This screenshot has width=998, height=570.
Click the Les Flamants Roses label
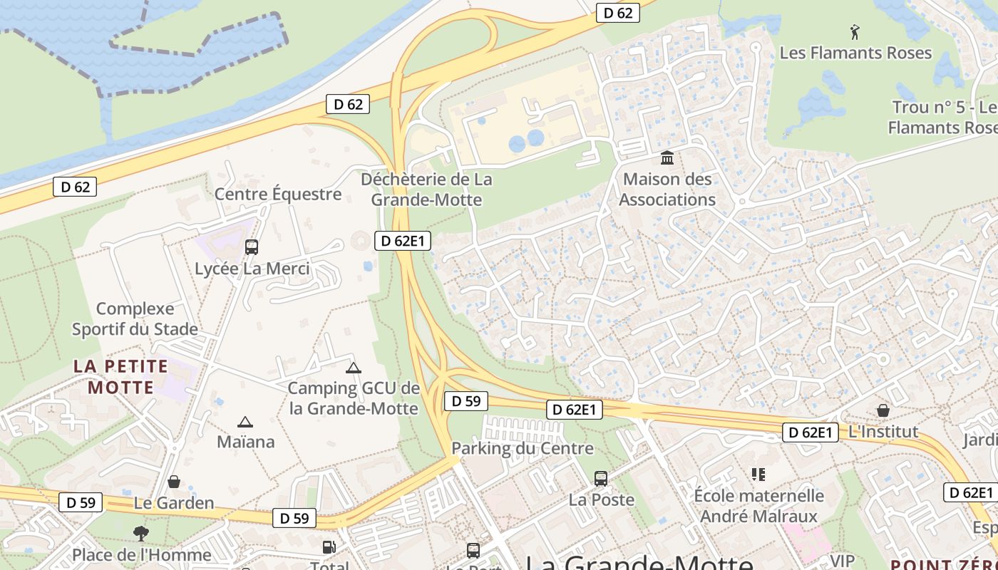(855, 53)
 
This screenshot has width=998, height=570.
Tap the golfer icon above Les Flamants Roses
(855, 31)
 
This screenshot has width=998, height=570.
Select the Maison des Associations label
(667, 189)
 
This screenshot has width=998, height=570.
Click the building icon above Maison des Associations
(667, 157)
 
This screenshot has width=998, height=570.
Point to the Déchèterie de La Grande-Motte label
(426, 189)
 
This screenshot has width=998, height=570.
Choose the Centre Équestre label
(278, 194)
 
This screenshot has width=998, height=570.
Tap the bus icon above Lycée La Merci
(251, 247)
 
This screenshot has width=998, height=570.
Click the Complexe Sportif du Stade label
(135, 318)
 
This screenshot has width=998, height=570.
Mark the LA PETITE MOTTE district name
(120, 377)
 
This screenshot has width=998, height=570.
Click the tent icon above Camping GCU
(353, 368)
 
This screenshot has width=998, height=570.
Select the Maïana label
(245, 442)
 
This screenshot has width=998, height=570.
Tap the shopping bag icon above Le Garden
(173, 482)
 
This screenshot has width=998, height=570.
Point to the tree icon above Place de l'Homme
(141, 533)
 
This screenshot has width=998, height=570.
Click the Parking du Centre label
(523, 448)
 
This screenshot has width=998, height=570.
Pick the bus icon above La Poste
(601, 478)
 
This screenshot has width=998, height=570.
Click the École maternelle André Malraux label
(759, 505)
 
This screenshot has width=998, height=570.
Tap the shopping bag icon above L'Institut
(883, 410)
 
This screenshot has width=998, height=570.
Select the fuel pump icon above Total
(329, 547)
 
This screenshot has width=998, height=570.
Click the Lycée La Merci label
(252, 269)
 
